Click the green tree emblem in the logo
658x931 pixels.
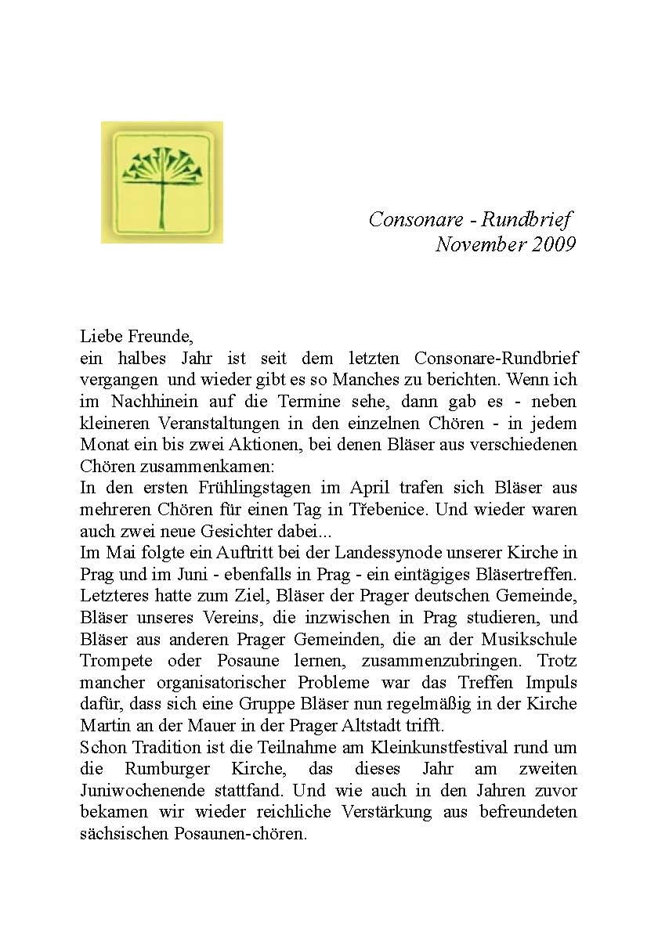[162, 181]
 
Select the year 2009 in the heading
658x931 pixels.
[554, 245]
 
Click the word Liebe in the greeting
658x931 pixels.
[101, 337]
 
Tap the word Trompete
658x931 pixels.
[115, 660]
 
